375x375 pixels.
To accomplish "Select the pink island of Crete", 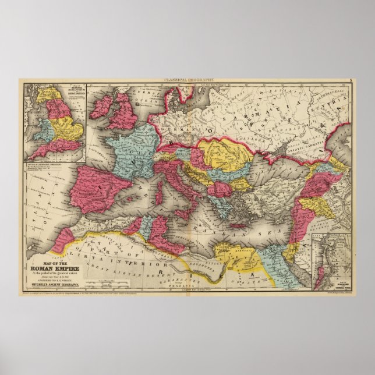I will click(x=239, y=225).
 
